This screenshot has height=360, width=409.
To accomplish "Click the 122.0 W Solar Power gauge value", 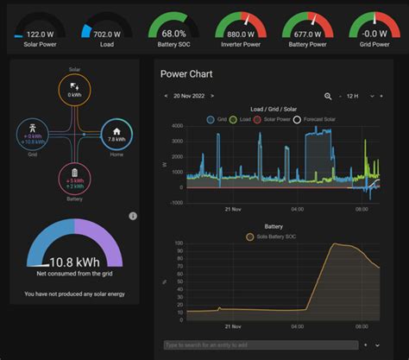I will coord(37,34).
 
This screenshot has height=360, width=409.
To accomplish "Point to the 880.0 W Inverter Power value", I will coord(240,34).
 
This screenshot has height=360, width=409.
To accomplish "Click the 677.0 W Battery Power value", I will coord(307,34).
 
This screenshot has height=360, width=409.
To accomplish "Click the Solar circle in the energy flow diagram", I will coord(73,90).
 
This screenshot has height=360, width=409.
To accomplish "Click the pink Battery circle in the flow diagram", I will coord(74,178).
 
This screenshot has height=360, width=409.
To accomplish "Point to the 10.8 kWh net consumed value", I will coord(74,261).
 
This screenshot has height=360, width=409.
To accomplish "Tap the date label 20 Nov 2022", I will coord(188,96).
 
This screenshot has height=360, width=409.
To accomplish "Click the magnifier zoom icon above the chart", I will coord(328,96).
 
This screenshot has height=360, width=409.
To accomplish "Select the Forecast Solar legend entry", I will coord(324,119).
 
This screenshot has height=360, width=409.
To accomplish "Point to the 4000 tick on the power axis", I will coord(176,126).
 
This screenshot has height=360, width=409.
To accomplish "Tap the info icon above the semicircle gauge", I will coord(132,216).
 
